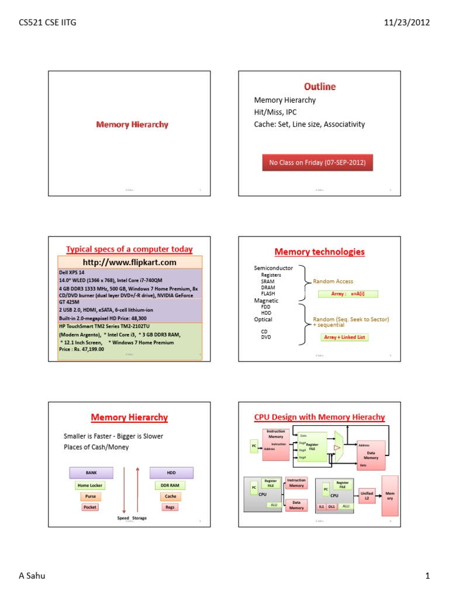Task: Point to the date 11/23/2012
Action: (x=407, y=23)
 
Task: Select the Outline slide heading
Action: (x=319, y=86)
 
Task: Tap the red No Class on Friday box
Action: (x=317, y=162)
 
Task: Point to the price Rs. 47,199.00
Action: (x=82, y=349)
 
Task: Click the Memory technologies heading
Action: (x=319, y=252)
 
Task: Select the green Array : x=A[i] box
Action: (x=348, y=294)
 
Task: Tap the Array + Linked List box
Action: (x=345, y=337)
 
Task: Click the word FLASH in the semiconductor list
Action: (x=268, y=294)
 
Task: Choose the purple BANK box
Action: (x=91, y=472)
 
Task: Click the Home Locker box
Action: (x=90, y=485)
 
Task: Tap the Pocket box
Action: (x=90, y=507)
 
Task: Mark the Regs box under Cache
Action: (x=170, y=507)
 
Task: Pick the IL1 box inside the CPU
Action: (x=322, y=506)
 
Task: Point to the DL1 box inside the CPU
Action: (x=331, y=506)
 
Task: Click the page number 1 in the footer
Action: (x=427, y=576)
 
